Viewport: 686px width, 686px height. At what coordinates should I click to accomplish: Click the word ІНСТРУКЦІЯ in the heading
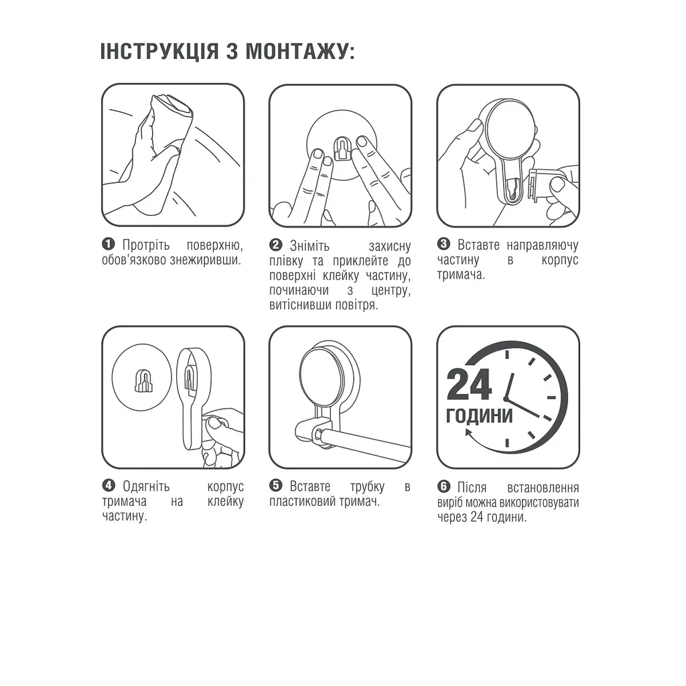tap(159, 52)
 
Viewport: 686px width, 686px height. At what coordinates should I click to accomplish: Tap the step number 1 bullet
tap(109, 244)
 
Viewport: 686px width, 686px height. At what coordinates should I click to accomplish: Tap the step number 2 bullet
tap(276, 245)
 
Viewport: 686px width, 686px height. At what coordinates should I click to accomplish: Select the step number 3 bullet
tap(443, 244)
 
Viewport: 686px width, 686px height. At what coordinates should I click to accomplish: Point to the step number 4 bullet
tap(109, 486)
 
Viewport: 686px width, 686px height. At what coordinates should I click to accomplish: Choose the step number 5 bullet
tap(276, 486)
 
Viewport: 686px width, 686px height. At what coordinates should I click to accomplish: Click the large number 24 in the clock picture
tap(469, 384)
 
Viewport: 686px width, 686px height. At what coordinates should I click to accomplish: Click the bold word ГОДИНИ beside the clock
tap(480, 415)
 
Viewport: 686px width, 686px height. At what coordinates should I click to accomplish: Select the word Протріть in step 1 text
tap(147, 245)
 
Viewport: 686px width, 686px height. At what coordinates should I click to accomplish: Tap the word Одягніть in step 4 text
tap(147, 487)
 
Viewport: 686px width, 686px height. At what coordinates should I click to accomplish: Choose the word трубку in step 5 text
tap(367, 487)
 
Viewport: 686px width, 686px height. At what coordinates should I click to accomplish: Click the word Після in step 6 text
tap(472, 487)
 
